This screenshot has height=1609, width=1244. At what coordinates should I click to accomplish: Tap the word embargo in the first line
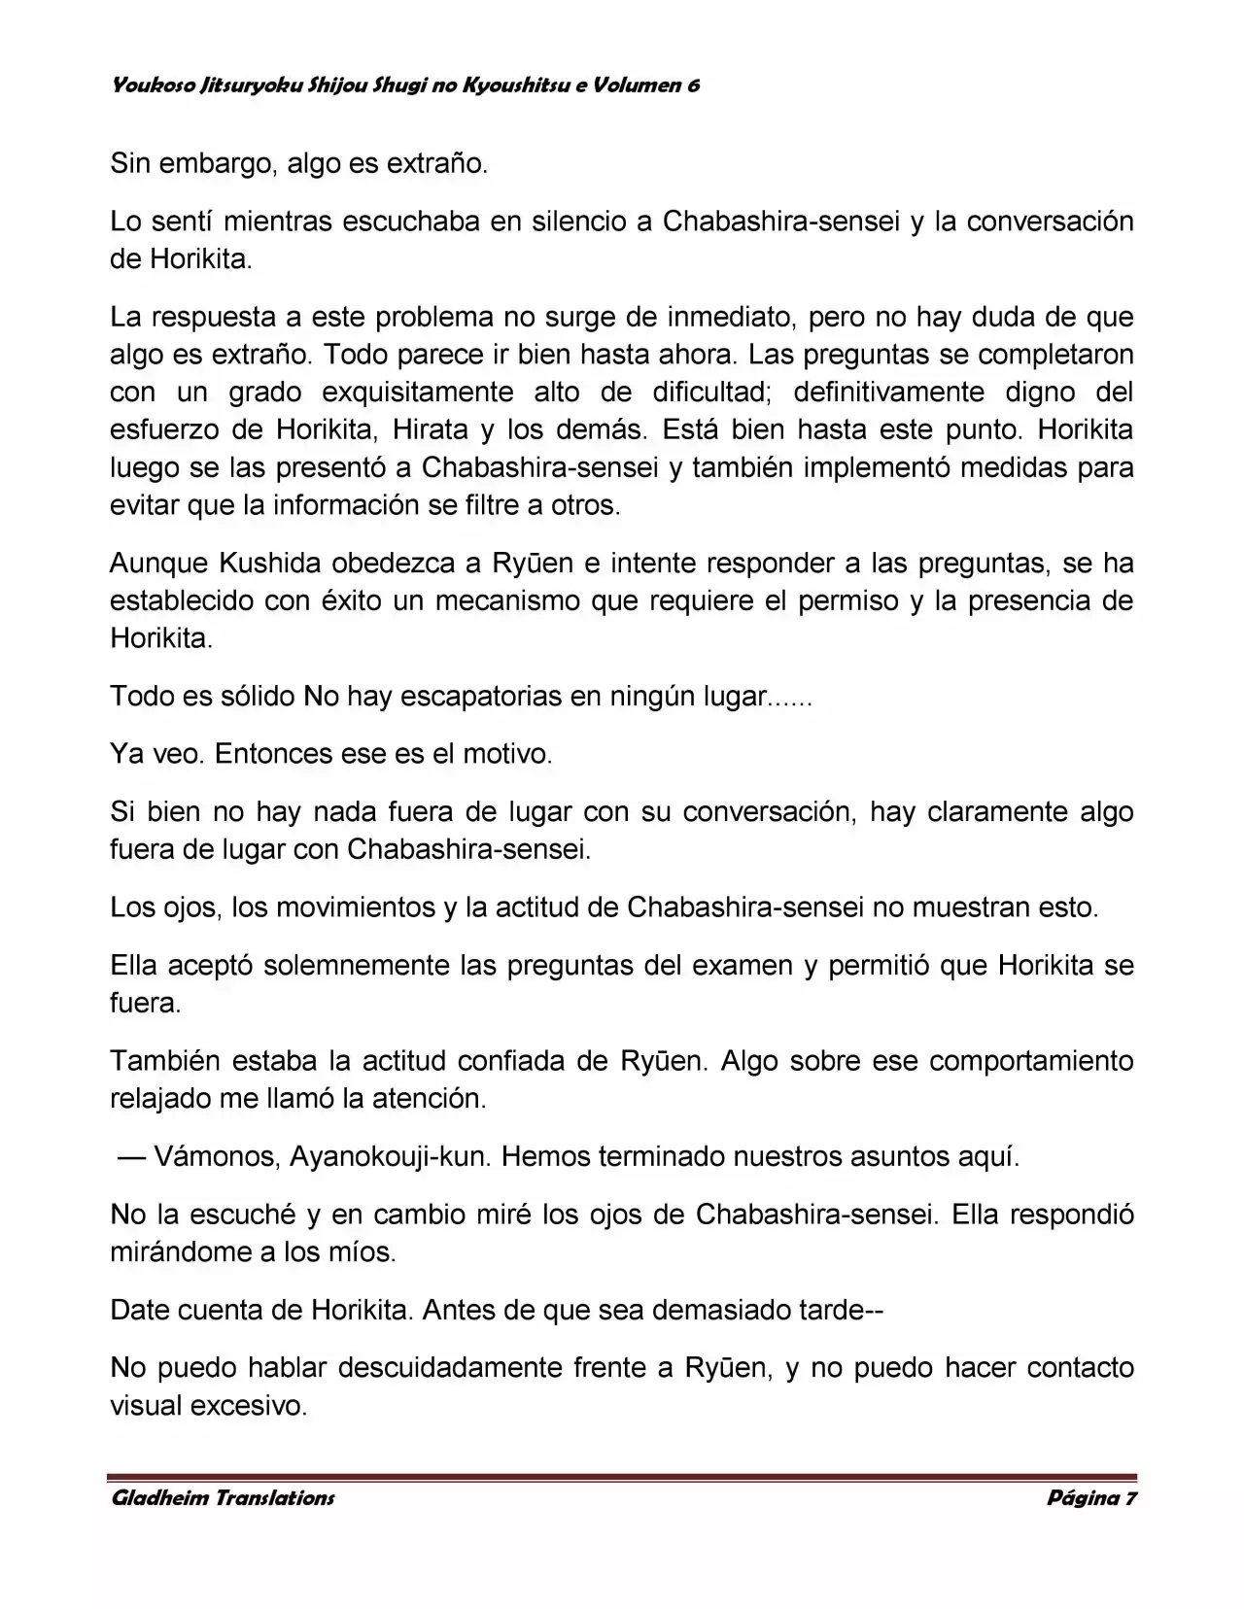click(213, 163)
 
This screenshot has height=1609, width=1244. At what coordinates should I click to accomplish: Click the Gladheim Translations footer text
click(223, 1498)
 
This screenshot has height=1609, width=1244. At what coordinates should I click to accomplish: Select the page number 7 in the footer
click(1130, 1498)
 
